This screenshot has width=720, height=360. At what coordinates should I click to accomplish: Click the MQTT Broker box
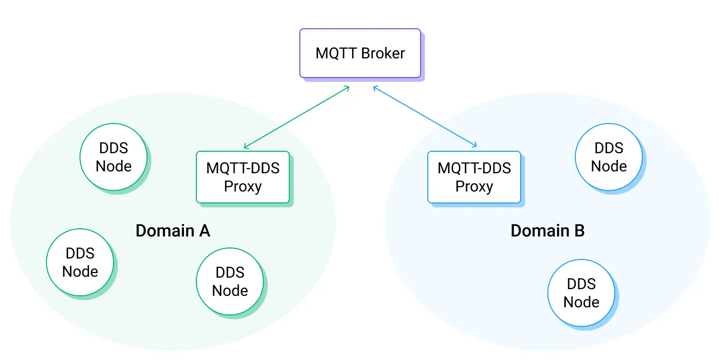(x=360, y=53)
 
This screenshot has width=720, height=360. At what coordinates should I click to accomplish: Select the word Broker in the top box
(x=383, y=53)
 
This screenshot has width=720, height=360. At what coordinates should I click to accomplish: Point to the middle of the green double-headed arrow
(x=297, y=117)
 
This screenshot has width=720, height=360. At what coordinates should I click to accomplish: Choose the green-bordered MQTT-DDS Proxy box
(x=243, y=177)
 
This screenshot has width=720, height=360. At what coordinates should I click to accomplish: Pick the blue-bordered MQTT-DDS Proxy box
(x=474, y=177)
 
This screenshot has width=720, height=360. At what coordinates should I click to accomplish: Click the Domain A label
(x=173, y=231)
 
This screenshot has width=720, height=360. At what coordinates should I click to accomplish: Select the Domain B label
(x=548, y=231)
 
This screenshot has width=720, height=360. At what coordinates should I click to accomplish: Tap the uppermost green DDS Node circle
(x=114, y=157)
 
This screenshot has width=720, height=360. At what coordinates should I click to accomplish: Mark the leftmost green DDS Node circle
(x=80, y=262)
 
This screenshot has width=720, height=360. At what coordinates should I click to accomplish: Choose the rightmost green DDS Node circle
(x=230, y=281)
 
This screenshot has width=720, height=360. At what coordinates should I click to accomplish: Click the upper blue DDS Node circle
(x=609, y=157)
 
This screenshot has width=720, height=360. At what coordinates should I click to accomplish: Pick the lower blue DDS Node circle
(x=581, y=293)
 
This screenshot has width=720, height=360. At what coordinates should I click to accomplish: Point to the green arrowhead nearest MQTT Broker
(x=347, y=88)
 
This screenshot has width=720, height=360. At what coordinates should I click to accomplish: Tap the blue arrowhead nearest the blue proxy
(x=475, y=145)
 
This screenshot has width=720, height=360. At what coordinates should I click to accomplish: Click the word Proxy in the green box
(x=243, y=186)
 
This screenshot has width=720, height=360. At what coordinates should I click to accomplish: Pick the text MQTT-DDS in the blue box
(x=474, y=168)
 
